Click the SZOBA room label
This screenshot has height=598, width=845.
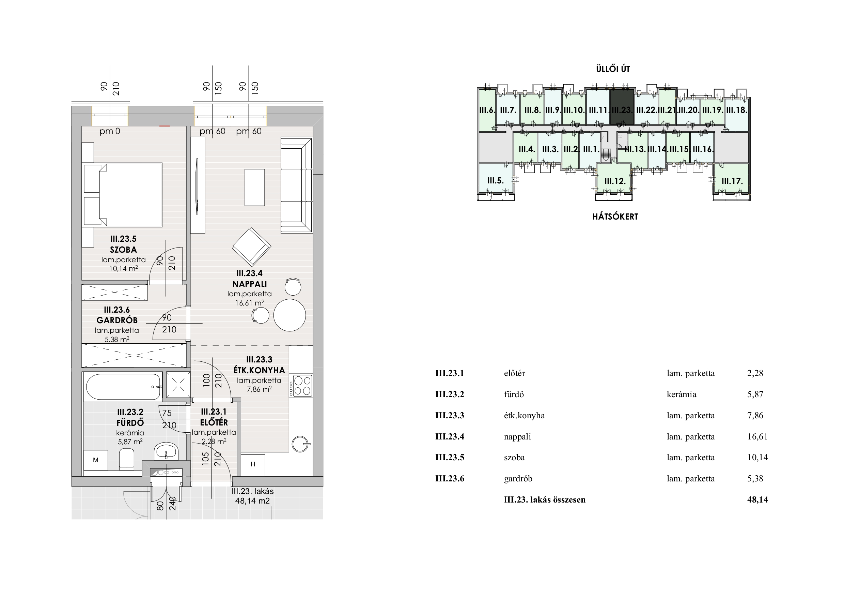pos(123,250)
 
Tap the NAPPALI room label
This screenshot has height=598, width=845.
pos(250,284)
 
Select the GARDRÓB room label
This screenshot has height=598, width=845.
pos(117,320)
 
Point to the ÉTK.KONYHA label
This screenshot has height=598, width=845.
pos(259,370)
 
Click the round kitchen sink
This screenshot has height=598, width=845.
pos(300,444)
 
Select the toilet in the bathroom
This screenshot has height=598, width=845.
pos(127,459)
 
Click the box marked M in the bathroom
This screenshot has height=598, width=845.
pos(96,460)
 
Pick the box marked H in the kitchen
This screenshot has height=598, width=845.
pos(253,464)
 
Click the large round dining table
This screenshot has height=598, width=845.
pos(290,315)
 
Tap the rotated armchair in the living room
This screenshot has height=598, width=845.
pos(251,247)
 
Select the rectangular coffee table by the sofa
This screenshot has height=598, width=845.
pos(255,187)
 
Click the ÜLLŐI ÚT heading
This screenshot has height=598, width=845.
pos(613,69)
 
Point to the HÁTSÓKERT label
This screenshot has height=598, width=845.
pos(615,216)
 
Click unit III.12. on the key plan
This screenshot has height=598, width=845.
pos(615,181)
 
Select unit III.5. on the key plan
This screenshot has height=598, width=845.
pos(495,181)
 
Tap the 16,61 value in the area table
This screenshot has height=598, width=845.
pos(757,437)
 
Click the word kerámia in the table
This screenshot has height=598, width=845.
pos(681,394)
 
